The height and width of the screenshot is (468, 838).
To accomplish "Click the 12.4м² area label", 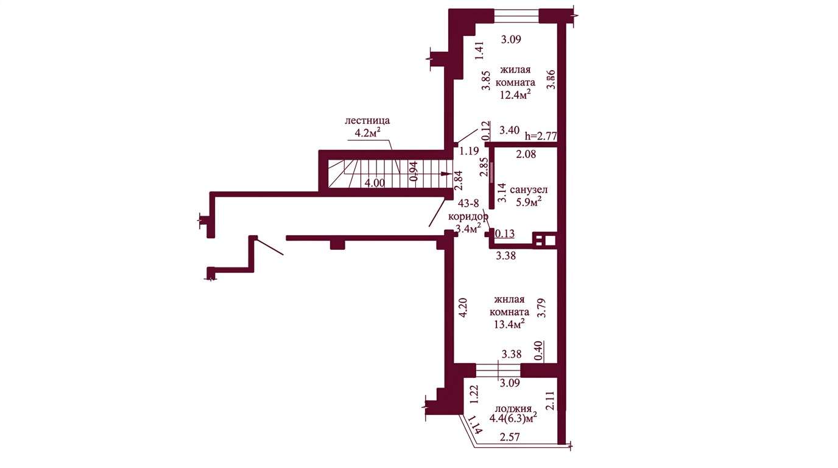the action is [515, 94].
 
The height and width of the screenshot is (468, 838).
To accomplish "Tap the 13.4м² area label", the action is [509, 324].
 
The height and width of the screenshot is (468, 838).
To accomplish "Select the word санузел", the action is [529, 190].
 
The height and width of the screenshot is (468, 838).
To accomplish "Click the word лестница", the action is [367, 121].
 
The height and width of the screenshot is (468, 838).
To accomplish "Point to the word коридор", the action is [468, 217].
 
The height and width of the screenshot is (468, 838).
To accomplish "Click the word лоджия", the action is [513, 409].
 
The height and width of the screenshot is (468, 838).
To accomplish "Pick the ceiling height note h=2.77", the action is [541, 135].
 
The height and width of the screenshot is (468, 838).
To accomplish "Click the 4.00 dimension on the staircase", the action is [375, 183].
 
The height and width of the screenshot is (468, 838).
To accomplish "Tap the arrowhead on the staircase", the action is [446, 174].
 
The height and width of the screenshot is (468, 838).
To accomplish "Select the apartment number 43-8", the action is [468, 204].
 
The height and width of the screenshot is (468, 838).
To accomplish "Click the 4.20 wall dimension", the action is [463, 308].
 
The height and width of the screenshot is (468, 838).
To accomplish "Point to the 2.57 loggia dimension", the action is [510, 437].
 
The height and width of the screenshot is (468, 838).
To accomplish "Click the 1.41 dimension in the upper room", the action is [480, 51].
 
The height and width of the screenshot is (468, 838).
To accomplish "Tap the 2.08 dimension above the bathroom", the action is [526, 154].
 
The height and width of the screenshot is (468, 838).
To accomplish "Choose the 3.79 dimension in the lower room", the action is [541, 308].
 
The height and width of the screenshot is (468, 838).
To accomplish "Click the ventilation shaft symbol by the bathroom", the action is [544, 239].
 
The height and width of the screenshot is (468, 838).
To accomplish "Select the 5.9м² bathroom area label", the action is [529, 202].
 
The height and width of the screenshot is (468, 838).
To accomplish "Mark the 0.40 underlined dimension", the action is [539, 351].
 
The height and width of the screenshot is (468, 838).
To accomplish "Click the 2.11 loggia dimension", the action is [551, 401].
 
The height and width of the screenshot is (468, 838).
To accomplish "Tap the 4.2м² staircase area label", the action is [368, 132].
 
